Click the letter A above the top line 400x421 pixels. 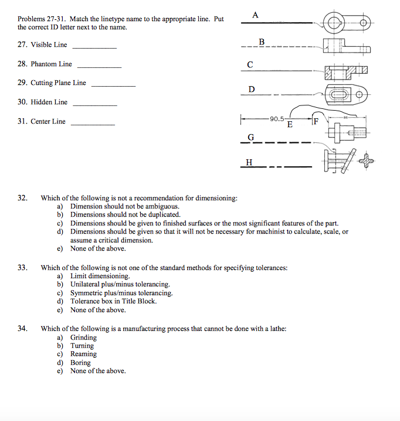click(x=255, y=15)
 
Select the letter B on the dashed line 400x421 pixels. click(x=262, y=41)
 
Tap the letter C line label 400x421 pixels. click(x=250, y=65)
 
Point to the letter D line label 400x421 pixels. click(x=252, y=89)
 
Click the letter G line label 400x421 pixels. click(x=251, y=137)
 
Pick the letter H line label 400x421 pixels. click(x=250, y=162)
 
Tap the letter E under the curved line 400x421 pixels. click(x=290, y=124)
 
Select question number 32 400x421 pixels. click(x=22, y=198)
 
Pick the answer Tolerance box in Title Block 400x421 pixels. click(x=113, y=301)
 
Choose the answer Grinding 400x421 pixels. click(x=83, y=337)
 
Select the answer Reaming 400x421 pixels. click(x=83, y=354)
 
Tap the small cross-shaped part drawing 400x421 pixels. click(x=367, y=159)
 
